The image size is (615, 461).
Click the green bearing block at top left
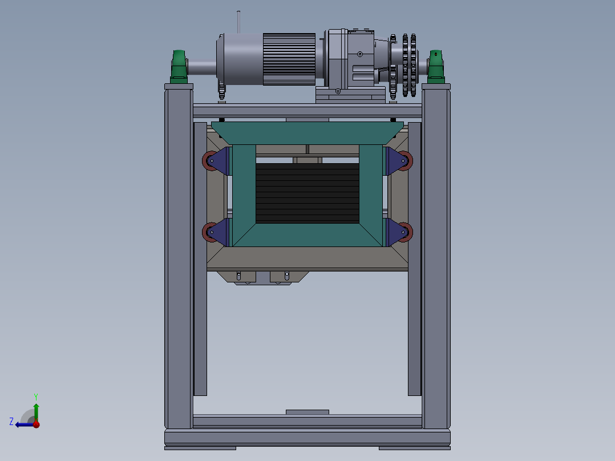click(x=179, y=67)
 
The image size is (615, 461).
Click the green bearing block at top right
click(x=436, y=67)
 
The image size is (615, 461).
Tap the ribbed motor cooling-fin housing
click(x=289, y=59)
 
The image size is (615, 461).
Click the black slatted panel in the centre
click(x=307, y=193)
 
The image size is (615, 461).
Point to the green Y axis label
click(x=36, y=397)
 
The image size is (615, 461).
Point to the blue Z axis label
click(x=11, y=422)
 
